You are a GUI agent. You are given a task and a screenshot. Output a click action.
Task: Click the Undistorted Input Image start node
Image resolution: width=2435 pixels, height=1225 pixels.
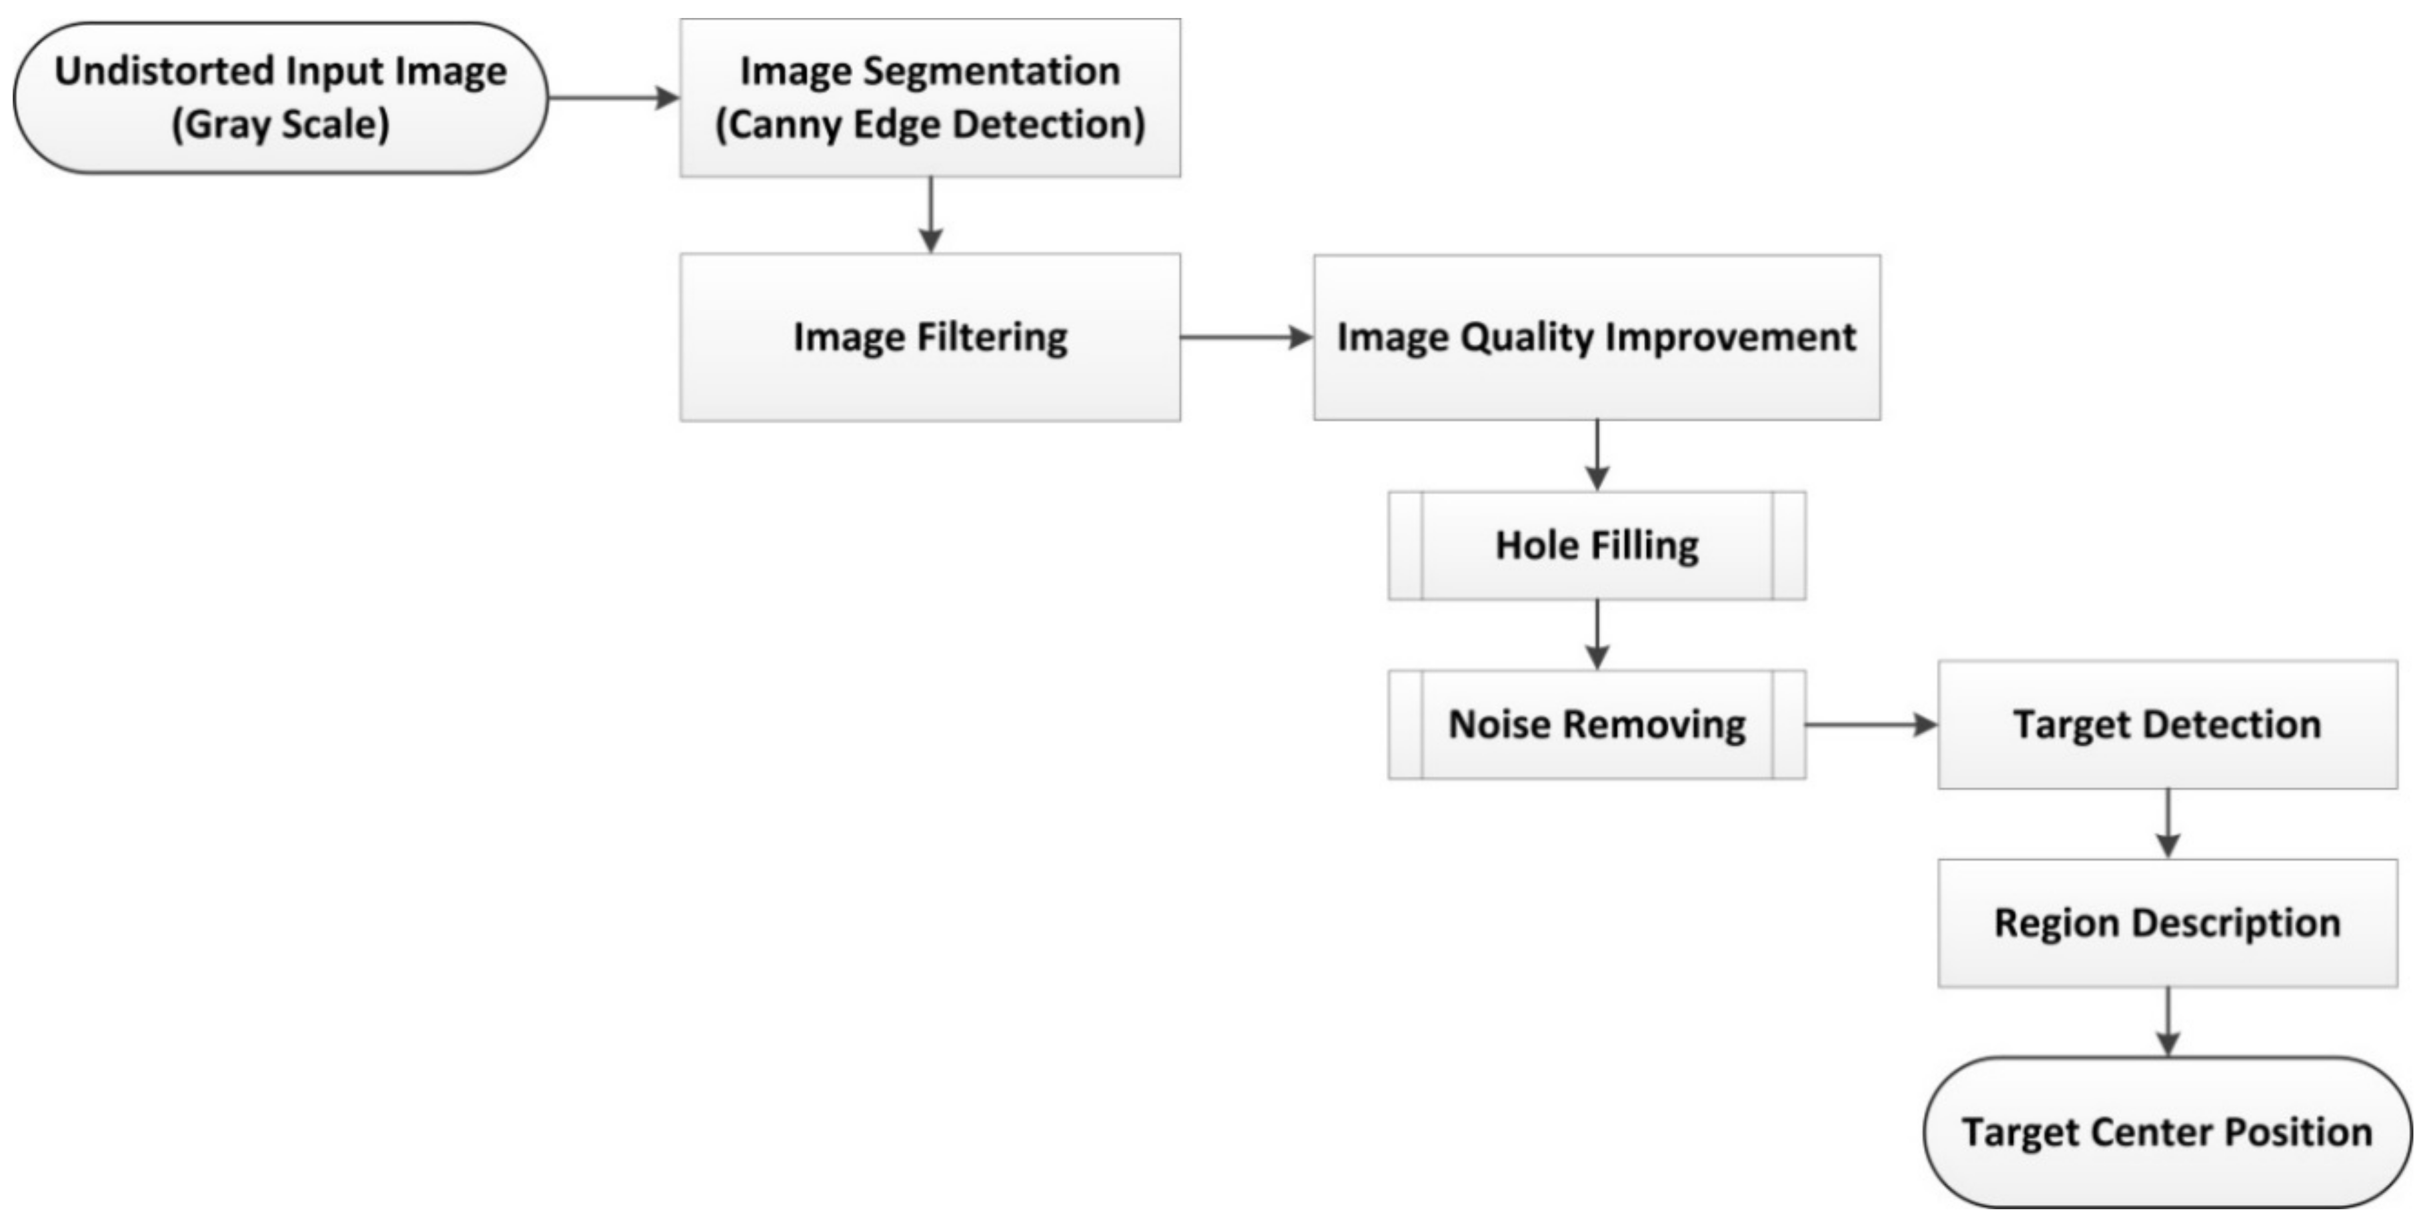280,97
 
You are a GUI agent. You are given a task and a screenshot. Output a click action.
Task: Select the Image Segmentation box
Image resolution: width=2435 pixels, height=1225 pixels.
930,97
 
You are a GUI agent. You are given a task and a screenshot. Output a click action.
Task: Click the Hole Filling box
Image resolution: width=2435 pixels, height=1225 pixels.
1597,546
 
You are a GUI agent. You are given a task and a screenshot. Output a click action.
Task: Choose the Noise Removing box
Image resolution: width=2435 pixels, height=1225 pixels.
1597,725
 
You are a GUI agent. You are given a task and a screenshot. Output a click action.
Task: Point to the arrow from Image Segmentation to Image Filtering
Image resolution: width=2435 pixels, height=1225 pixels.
931,216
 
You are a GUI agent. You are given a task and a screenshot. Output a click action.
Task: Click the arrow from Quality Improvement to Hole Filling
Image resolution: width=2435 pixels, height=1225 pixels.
1597,456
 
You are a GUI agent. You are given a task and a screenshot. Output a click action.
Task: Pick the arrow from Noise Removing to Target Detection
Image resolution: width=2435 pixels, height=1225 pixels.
1872,725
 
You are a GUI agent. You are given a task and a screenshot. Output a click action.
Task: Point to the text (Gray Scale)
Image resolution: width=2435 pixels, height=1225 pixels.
280,125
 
